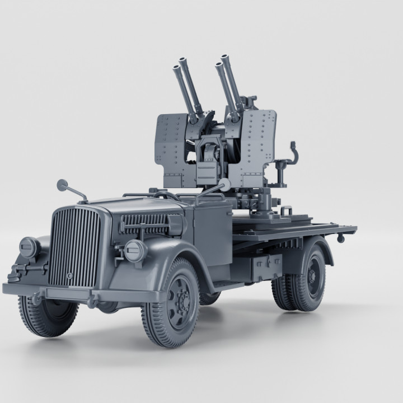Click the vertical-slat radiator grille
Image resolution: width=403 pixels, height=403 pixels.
[x=74, y=246]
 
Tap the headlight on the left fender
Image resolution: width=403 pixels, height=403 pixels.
[x=29, y=247]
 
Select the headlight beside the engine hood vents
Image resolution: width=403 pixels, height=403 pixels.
[x=134, y=251]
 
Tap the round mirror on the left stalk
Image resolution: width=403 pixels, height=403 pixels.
[x=62, y=184]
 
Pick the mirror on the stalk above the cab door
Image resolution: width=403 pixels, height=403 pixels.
[x=225, y=184]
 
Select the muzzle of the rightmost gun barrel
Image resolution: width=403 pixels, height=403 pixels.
[x=226, y=58]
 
